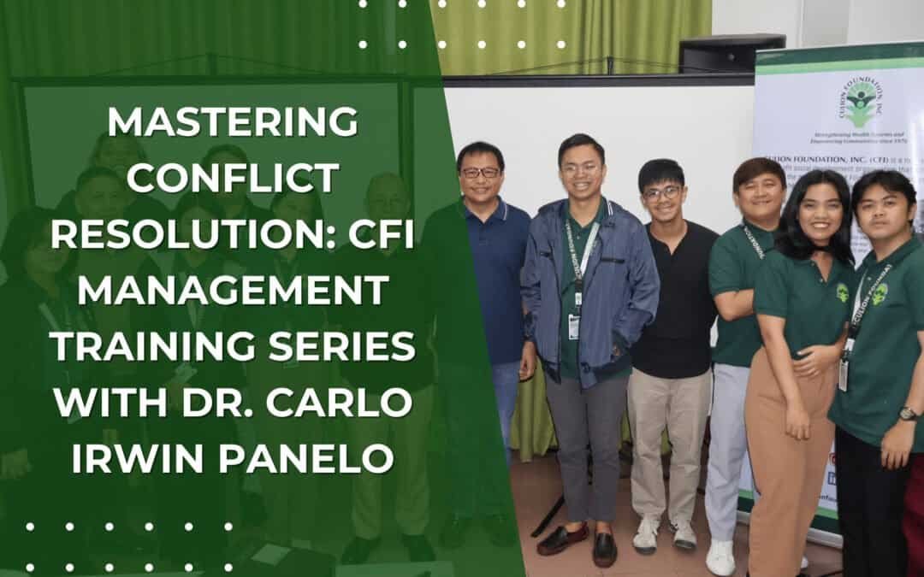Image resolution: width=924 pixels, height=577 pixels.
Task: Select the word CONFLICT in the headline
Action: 233,178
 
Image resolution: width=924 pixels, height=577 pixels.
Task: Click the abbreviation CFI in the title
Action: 376,233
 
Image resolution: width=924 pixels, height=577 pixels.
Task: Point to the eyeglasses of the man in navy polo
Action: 480,173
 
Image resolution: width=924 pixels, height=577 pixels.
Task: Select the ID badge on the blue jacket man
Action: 574,325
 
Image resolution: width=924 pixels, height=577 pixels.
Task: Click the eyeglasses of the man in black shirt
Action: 662,193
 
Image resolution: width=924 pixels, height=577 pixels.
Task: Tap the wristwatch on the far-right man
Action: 908,414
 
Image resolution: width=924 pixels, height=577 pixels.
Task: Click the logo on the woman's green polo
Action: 842,292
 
